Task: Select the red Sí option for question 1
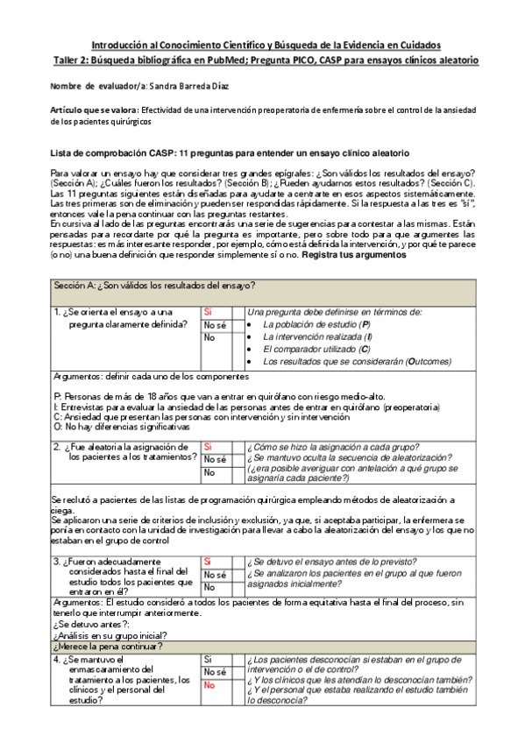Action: click(x=209, y=312)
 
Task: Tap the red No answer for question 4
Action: click(x=209, y=686)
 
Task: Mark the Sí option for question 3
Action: click(x=209, y=561)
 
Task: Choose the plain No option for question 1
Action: click(x=209, y=337)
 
